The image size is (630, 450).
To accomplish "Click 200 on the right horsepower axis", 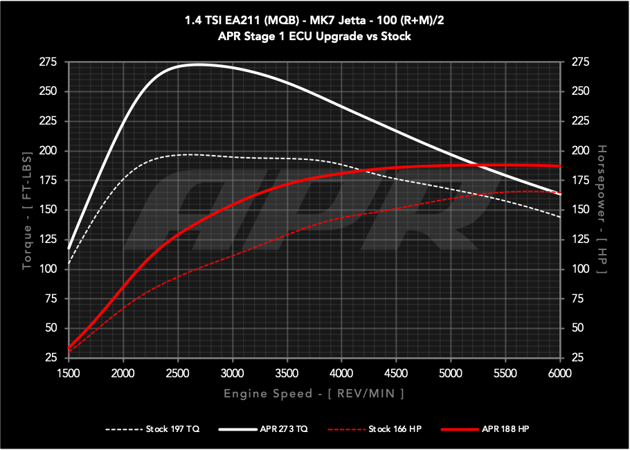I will point(581,151).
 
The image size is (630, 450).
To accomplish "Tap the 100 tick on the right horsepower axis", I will point(581,269).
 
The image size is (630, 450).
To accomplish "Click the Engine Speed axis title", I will point(314,393).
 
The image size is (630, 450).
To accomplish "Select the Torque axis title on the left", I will point(26,210).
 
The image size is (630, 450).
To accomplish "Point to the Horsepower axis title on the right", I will point(601,210).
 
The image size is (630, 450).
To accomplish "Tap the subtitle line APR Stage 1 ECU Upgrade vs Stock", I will point(314,36).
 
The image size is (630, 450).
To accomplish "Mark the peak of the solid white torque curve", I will point(197,64).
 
